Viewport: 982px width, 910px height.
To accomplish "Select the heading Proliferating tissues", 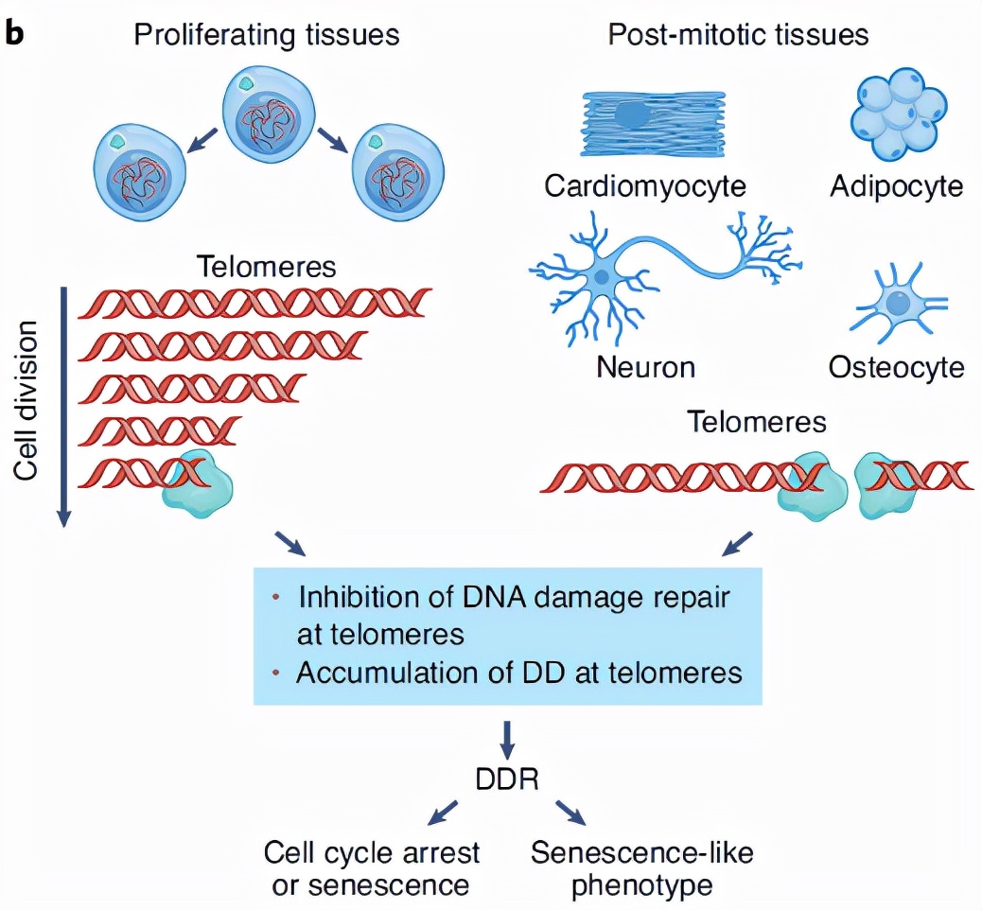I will pyautogui.click(x=266, y=35).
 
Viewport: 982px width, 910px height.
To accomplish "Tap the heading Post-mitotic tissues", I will pyautogui.click(x=738, y=35).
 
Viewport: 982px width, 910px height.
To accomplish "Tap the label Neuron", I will pyautogui.click(x=645, y=366).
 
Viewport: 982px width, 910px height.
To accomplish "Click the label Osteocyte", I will pyautogui.click(x=896, y=366).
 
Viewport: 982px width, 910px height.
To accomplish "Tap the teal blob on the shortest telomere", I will pyautogui.click(x=198, y=485).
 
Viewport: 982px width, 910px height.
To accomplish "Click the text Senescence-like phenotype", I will pyautogui.click(x=641, y=867).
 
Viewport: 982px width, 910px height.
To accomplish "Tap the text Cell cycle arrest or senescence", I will pyautogui.click(x=372, y=867).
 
